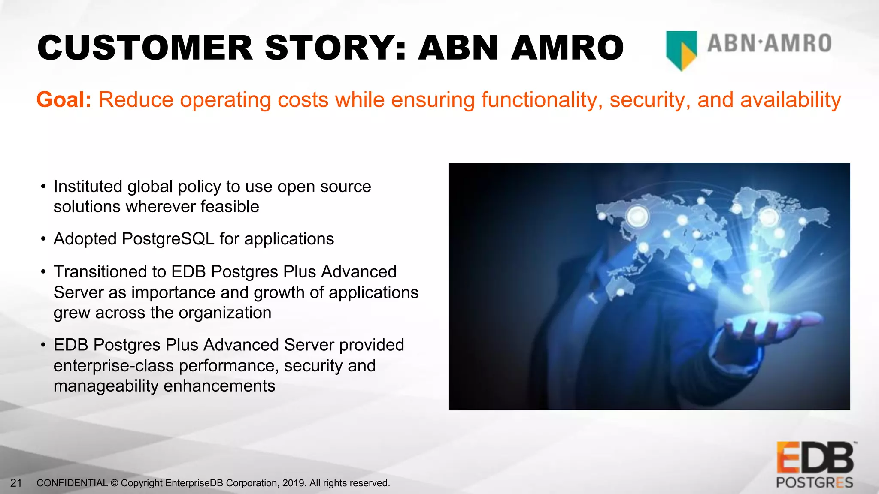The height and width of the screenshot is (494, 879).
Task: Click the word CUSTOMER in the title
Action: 145,48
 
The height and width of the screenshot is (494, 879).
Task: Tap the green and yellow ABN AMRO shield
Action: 681,50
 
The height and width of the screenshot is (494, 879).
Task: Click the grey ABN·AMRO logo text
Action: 770,44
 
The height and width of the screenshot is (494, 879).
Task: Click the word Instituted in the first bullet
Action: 88,187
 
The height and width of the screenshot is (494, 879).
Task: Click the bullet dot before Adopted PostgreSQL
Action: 43,239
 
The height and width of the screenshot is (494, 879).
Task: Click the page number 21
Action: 16,483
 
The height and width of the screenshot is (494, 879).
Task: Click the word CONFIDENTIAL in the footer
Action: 72,483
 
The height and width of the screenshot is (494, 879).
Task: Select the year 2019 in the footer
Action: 294,483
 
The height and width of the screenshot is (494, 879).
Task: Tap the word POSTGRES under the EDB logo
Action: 814,483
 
